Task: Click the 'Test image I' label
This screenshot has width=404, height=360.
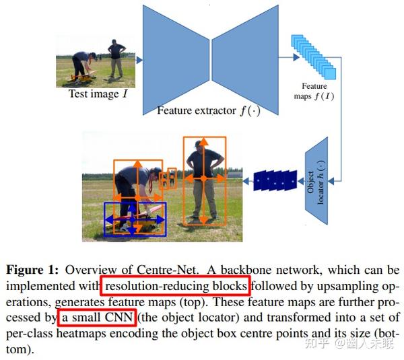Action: point(98,94)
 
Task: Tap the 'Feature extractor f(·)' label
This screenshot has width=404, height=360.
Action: point(209,111)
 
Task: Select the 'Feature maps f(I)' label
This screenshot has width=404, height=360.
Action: point(314,91)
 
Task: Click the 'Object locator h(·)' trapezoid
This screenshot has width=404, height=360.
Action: point(316,181)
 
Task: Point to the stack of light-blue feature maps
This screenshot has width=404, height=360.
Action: point(314,57)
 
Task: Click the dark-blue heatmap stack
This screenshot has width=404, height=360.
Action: point(275,180)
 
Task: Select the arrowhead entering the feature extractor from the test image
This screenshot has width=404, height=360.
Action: point(139,61)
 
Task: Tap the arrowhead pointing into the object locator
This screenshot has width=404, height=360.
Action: point(331,181)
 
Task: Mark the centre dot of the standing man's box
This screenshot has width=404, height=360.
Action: point(204,178)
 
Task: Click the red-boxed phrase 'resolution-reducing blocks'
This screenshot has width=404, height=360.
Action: point(176,286)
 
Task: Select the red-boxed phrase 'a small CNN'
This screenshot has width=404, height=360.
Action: point(98,317)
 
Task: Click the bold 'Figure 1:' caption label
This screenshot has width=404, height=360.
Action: point(32,270)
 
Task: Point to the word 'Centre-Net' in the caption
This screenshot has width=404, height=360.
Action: point(168,270)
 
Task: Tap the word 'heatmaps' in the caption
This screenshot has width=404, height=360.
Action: point(81,334)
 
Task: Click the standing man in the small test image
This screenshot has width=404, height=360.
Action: point(116,58)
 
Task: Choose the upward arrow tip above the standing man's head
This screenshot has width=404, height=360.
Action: point(204,141)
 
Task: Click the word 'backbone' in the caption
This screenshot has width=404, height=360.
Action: point(246,270)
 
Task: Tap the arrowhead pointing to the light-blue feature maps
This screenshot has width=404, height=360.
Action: point(296,57)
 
